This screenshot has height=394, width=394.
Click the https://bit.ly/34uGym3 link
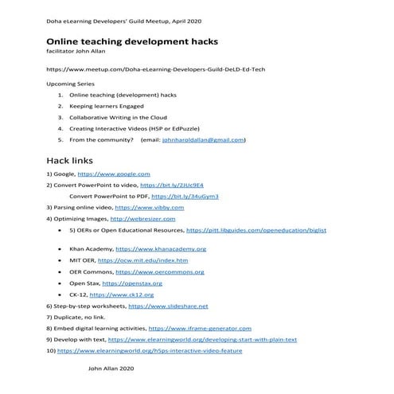click(185, 196)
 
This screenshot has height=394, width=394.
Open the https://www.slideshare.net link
click(168, 306)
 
